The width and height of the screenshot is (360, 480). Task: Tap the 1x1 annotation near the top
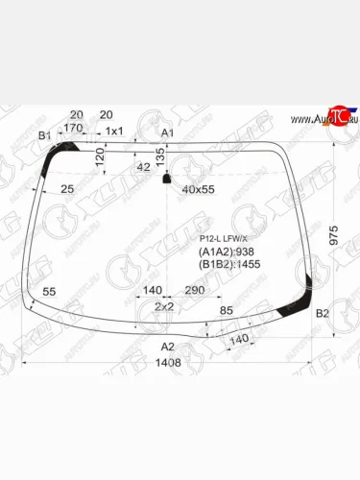click(114, 132)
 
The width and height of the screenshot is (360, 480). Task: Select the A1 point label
click(167, 132)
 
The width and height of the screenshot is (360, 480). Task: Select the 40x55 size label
click(198, 189)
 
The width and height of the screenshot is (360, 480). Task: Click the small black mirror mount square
click(168, 179)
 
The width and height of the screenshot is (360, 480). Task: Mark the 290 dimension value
click(196, 290)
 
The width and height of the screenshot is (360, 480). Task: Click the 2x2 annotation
click(164, 306)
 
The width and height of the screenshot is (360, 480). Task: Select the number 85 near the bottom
click(227, 310)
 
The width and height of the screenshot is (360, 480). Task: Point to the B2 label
click(323, 314)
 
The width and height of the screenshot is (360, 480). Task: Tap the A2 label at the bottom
click(167, 347)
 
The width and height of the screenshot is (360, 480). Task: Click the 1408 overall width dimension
click(169, 363)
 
